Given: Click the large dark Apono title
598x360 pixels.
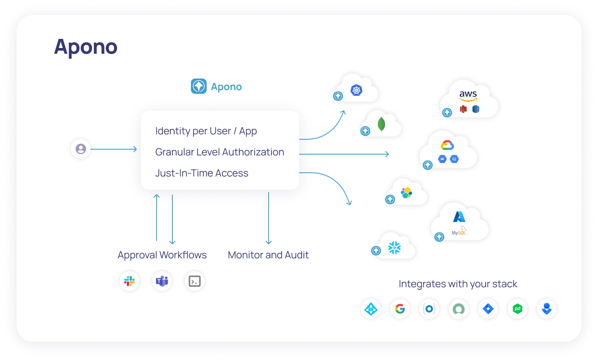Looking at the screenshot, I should [x=86, y=47].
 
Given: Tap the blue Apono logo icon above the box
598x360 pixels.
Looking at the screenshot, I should [x=199, y=86].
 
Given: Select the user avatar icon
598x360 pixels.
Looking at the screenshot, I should [x=81, y=149].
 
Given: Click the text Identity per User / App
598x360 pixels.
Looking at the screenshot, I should [x=206, y=131].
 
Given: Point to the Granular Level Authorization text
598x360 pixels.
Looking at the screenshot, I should [x=219, y=152].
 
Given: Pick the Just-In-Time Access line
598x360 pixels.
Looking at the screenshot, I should [x=202, y=173].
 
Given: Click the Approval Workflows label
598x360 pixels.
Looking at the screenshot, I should [x=162, y=255].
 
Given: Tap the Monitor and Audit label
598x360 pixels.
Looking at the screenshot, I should [x=268, y=255].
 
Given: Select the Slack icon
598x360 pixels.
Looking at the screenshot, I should [x=129, y=281].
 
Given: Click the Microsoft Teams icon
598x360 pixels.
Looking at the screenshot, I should [x=162, y=281].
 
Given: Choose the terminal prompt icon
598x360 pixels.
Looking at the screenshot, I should [x=195, y=281].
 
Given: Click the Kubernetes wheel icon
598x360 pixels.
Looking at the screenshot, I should [x=356, y=90].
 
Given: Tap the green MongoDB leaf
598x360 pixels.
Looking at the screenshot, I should [x=381, y=124].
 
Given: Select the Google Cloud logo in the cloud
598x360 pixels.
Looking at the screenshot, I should [x=447, y=145].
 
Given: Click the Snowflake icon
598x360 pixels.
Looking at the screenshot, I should [x=395, y=248].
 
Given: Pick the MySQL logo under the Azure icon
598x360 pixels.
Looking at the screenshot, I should [x=459, y=232].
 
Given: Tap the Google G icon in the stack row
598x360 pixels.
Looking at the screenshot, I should [x=400, y=309].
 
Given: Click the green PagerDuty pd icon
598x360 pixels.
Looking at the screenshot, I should [x=517, y=309].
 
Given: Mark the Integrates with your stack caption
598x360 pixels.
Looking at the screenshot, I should [x=458, y=284].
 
